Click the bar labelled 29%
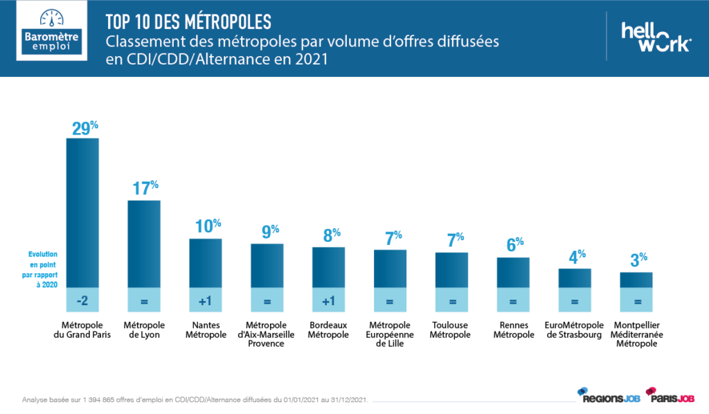pos(82,212)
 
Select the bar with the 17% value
pos(144,243)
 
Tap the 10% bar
pos(206,262)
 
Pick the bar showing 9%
pos(267,265)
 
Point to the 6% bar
pos(513,271)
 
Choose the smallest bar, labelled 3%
pos(636,279)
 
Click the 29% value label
pos(84,128)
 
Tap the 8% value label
pos(330,236)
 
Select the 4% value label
pos(576,257)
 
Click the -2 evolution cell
pos(82,300)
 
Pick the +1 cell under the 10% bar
pos(206,300)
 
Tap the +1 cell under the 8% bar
pos(328,300)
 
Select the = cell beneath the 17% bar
pos(144,300)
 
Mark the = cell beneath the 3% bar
pos(636,300)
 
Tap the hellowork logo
pos(655,37)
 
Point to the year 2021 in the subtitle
pos(309,60)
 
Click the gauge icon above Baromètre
pos(51,17)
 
